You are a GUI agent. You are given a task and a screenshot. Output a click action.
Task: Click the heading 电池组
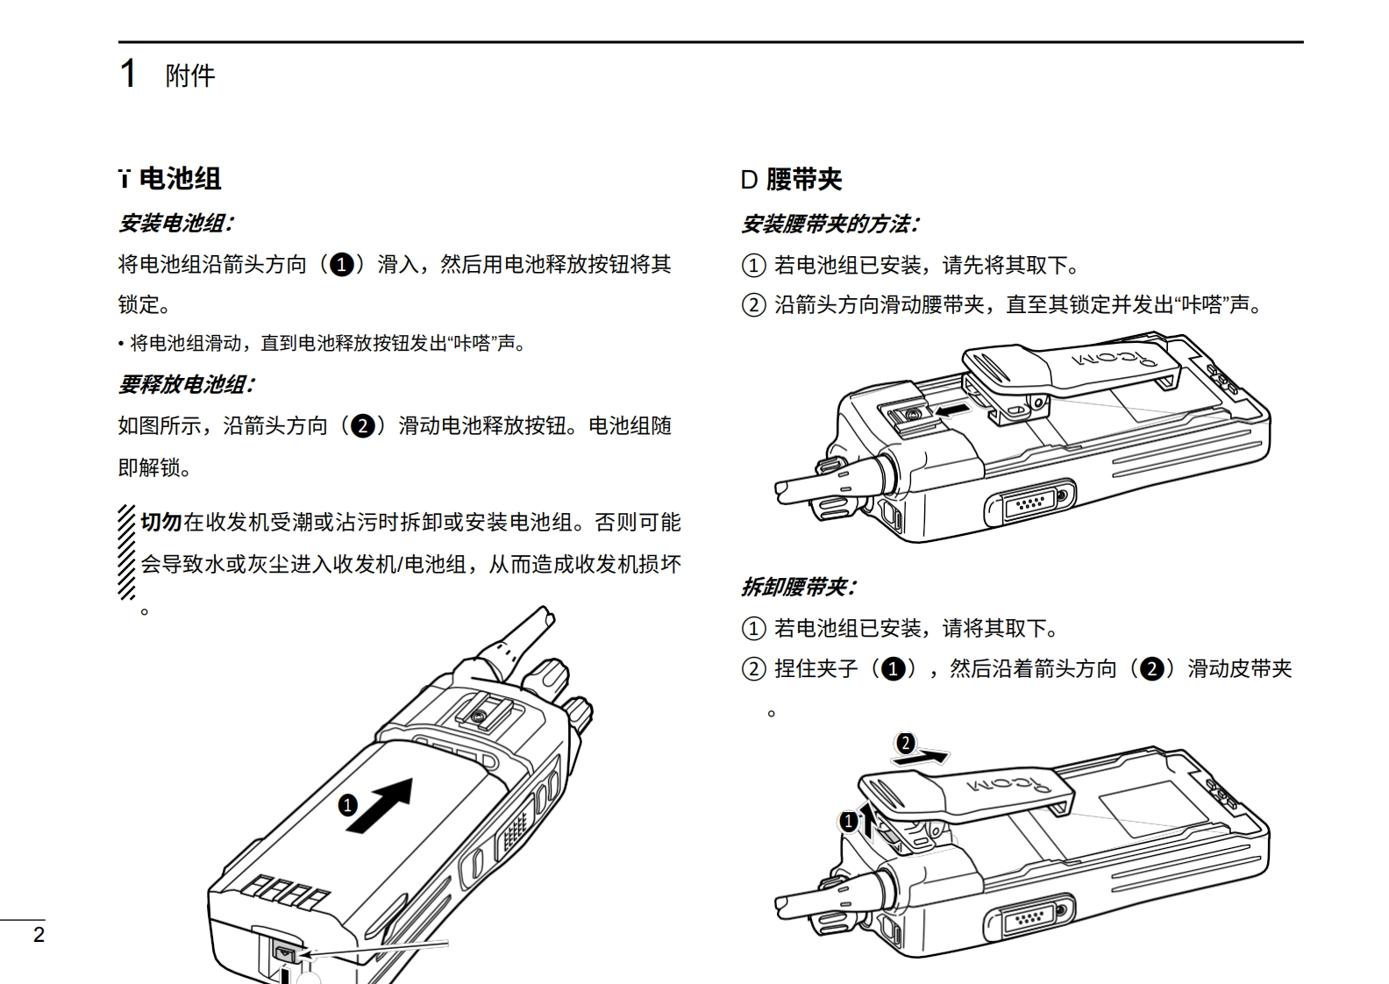click(180, 179)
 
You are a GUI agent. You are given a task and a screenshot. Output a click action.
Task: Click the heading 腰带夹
click(803, 180)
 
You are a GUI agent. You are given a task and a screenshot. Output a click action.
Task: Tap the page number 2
click(39, 935)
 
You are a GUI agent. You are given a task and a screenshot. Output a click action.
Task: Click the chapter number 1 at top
click(128, 74)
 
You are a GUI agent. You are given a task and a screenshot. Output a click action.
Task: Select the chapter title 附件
click(190, 75)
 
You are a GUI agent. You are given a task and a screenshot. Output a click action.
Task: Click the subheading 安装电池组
click(175, 223)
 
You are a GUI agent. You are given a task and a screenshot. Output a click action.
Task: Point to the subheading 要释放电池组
click(186, 384)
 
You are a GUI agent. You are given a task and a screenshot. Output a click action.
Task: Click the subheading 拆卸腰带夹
click(798, 587)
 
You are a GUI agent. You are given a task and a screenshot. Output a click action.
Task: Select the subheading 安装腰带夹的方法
click(830, 225)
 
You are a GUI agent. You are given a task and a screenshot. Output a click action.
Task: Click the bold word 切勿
click(160, 523)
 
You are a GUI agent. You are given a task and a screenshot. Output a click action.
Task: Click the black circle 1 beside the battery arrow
click(348, 805)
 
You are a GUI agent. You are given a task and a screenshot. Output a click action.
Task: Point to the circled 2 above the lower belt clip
click(905, 745)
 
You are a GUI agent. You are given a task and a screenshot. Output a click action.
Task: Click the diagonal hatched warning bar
click(127, 553)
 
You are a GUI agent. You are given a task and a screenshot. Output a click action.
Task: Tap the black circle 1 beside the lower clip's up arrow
click(848, 822)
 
